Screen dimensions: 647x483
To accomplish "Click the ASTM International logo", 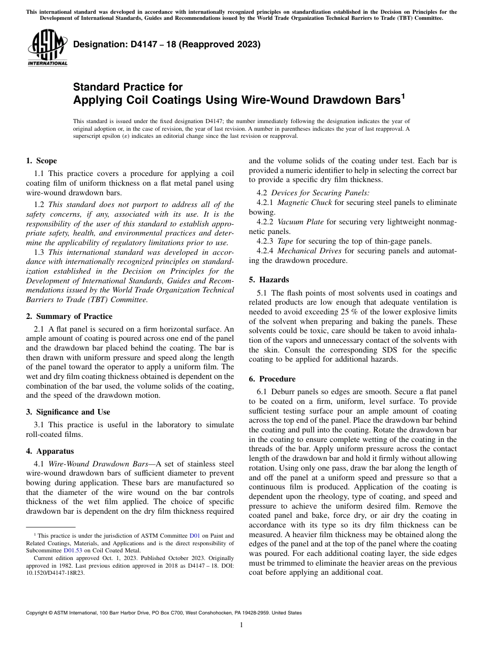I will click(47, 48).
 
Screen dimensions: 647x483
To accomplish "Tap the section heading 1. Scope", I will click(41, 161).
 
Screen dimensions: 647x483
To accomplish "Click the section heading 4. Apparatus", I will click(50, 451).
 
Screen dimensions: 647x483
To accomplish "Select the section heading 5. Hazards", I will click(269, 279).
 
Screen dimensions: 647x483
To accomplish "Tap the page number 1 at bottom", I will click(242, 625).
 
